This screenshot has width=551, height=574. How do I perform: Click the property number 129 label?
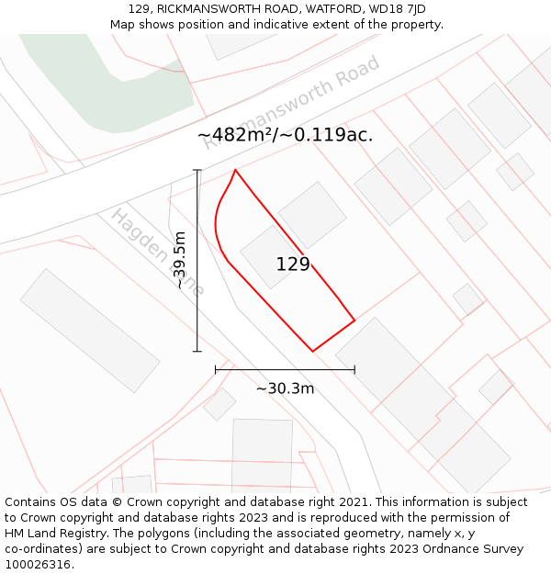click(x=293, y=264)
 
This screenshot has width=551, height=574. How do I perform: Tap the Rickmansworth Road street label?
click(x=291, y=101)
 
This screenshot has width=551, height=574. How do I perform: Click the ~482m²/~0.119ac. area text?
click(x=285, y=135)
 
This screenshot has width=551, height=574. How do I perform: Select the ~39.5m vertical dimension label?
click(x=180, y=260)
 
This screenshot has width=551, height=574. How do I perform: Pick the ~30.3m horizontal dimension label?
click(x=285, y=388)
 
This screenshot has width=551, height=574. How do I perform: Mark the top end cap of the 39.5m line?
click(x=197, y=170)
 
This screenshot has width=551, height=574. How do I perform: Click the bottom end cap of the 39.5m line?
click(x=197, y=351)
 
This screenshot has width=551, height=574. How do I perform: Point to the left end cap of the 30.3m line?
click(x=216, y=369)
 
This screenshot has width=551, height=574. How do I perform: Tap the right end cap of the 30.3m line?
click(x=354, y=369)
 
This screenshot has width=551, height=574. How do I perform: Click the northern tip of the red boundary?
click(x=236, y=170)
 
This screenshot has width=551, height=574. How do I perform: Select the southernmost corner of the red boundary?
click(x=312, y=351)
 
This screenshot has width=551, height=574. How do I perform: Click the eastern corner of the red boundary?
click(x=354, y=321)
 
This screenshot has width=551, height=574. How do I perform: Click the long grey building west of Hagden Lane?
click(x=90, y=330)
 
